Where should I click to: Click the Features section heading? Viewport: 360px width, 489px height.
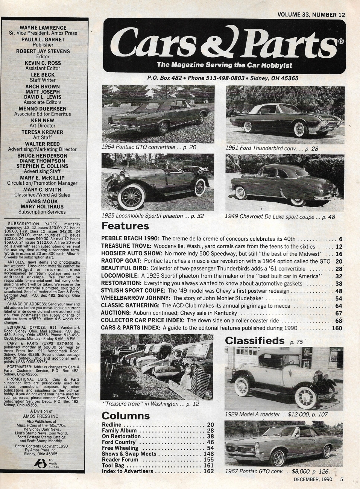[x=125, y=226]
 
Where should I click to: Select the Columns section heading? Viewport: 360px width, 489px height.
[x=126, y=416]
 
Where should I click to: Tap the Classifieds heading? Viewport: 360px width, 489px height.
[x=254, y=341]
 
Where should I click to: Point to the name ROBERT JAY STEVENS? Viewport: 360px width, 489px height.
[x=43, y=51]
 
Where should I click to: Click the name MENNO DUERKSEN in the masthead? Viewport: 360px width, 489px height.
[x=43, y=109]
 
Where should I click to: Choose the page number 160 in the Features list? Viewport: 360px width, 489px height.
[x=337, y=328]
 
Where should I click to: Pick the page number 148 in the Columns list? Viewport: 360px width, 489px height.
[x=208, y=454]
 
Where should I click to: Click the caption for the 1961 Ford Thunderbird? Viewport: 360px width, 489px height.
[x=272, y=148]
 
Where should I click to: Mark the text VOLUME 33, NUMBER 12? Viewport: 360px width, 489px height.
[x=311, y=15]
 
